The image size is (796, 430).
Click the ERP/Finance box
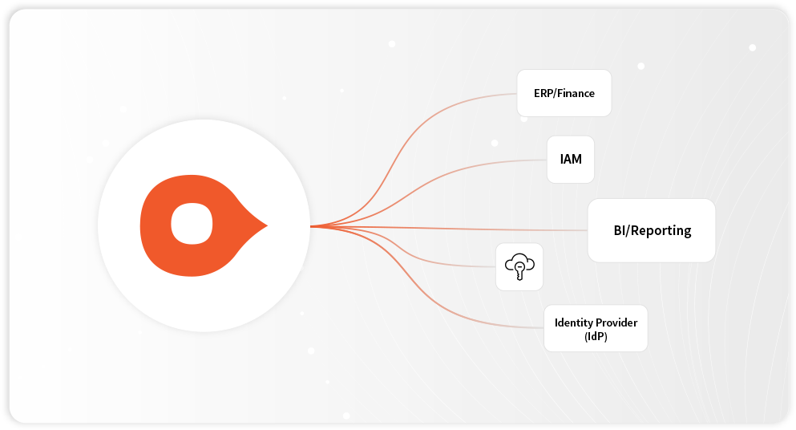coord(564,93)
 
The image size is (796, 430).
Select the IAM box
coord(571,159)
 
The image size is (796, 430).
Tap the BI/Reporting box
coord(651,230)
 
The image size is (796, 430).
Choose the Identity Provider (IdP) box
coord(596,328)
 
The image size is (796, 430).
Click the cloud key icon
coord(519,266)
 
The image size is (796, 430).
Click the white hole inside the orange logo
coord(192,224)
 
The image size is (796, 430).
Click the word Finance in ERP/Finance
coord(578,93)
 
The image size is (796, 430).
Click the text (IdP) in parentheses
coord(596,336)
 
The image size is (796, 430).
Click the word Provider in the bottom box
coord(618,322)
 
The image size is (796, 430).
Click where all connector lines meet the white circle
coord(311,226)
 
